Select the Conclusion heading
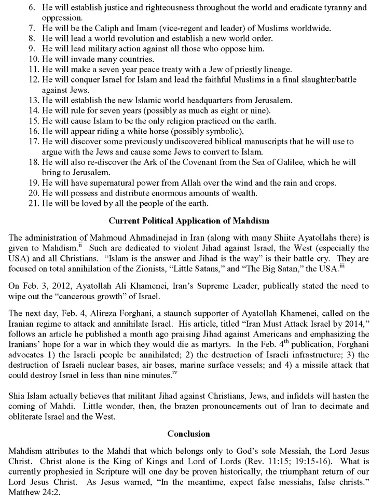[x=189, y=433]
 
